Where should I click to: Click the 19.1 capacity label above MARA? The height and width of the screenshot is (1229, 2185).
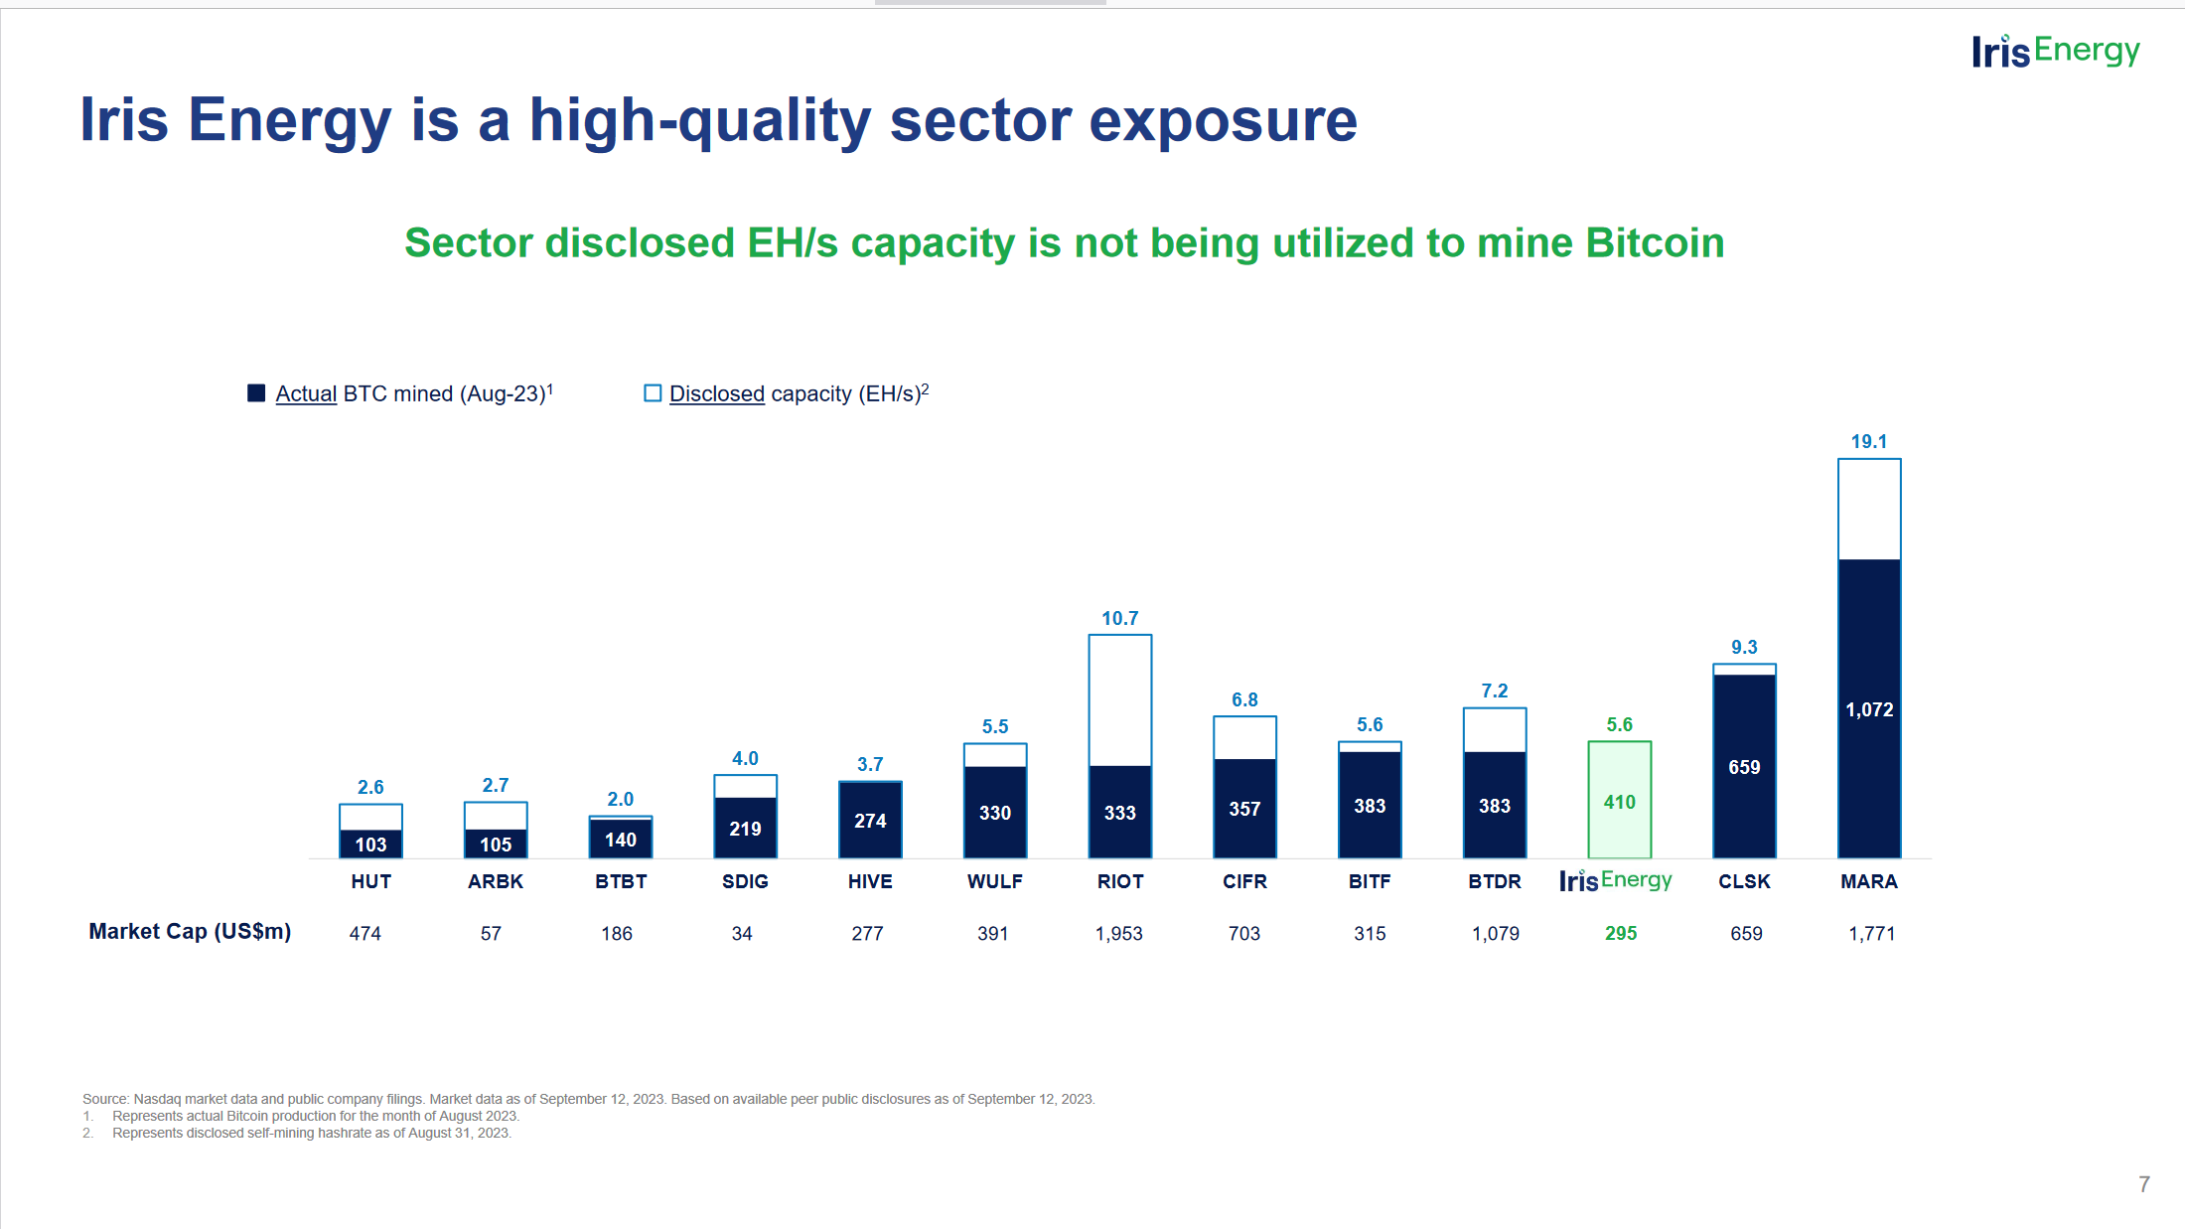coord(1868,442)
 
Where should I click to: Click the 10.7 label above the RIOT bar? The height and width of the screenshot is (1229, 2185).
coord(1119,619)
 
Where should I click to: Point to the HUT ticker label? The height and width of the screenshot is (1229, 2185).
coord(370,881)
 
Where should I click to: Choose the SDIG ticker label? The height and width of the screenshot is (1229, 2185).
coord(745,881)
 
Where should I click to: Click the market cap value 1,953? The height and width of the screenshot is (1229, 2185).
coord(1118,934)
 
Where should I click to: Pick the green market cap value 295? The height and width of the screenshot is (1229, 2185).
coord(1620,934)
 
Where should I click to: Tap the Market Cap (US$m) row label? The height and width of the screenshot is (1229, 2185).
coord(190,932)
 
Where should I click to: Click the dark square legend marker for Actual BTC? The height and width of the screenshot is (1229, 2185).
coord(256,393)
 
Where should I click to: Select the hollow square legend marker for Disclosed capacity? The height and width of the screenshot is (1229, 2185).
coord(653,393)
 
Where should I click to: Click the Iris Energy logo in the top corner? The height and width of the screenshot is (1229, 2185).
coord(2055,51)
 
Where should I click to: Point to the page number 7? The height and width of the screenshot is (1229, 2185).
coord(2143,1184)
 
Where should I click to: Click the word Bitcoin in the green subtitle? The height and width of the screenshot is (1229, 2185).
coord(1655,243)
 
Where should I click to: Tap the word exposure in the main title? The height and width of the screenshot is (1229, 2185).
coord(1223,120)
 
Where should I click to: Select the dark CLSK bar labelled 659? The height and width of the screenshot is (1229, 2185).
coord(1744,766)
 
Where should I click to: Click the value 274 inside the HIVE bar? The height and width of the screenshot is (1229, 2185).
coord(870,821)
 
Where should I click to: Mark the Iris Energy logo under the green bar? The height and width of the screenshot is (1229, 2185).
coord(1615,881)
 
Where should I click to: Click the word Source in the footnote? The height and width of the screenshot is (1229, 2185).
coord(104,1099)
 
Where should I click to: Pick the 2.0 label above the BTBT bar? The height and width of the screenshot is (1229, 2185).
coord(620,800)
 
